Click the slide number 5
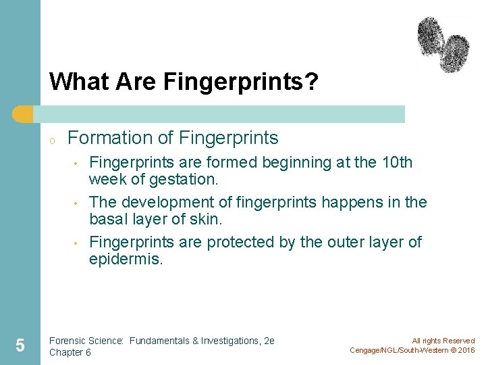(x=20, y=346)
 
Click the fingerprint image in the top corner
(x=443, y=45)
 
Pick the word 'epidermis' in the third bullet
(x=126, y=260)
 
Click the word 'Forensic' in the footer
(x=67, y=341)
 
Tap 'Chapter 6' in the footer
(x=70, y=352)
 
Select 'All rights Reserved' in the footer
(x=443, y=341)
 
